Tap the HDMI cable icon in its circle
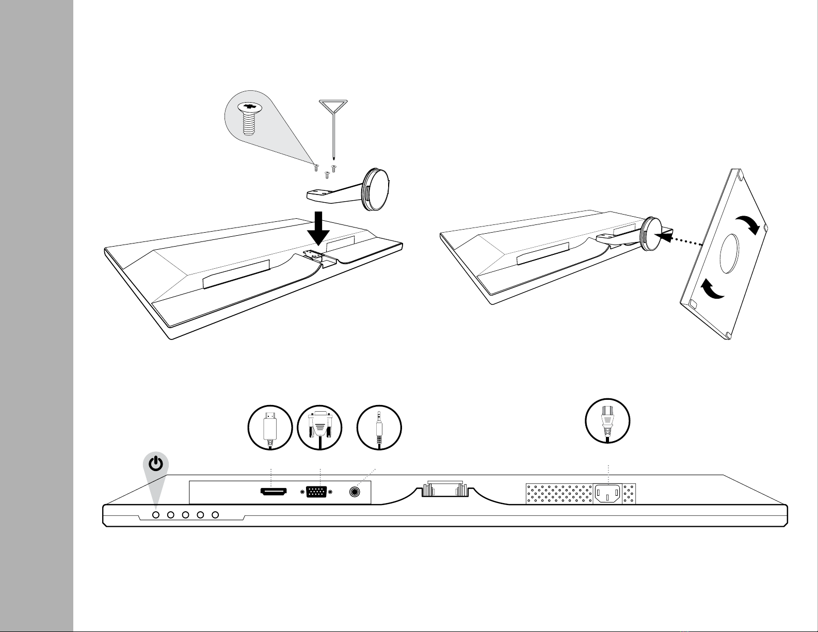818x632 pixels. pos(270,428)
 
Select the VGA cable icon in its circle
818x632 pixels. pos(320,428)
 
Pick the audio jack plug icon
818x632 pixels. pos(379,428)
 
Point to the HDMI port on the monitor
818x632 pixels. pos(273,493)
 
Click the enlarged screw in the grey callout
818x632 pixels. pos(249,117)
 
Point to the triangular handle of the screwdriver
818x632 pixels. pos(332,107)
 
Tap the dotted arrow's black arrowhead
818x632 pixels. pos(668,237)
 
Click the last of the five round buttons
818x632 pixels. pos(216,515)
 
